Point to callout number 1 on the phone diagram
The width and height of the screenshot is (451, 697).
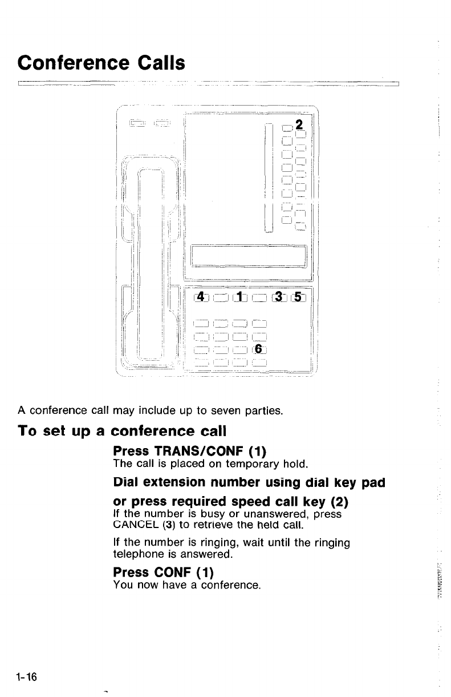click(241, 296)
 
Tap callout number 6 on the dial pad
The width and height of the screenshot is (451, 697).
click(258, 348)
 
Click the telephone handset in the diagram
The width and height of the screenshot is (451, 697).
click(151, 263)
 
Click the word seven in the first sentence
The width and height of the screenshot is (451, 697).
click(226, 409)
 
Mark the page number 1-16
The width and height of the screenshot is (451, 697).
click(26, 677)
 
